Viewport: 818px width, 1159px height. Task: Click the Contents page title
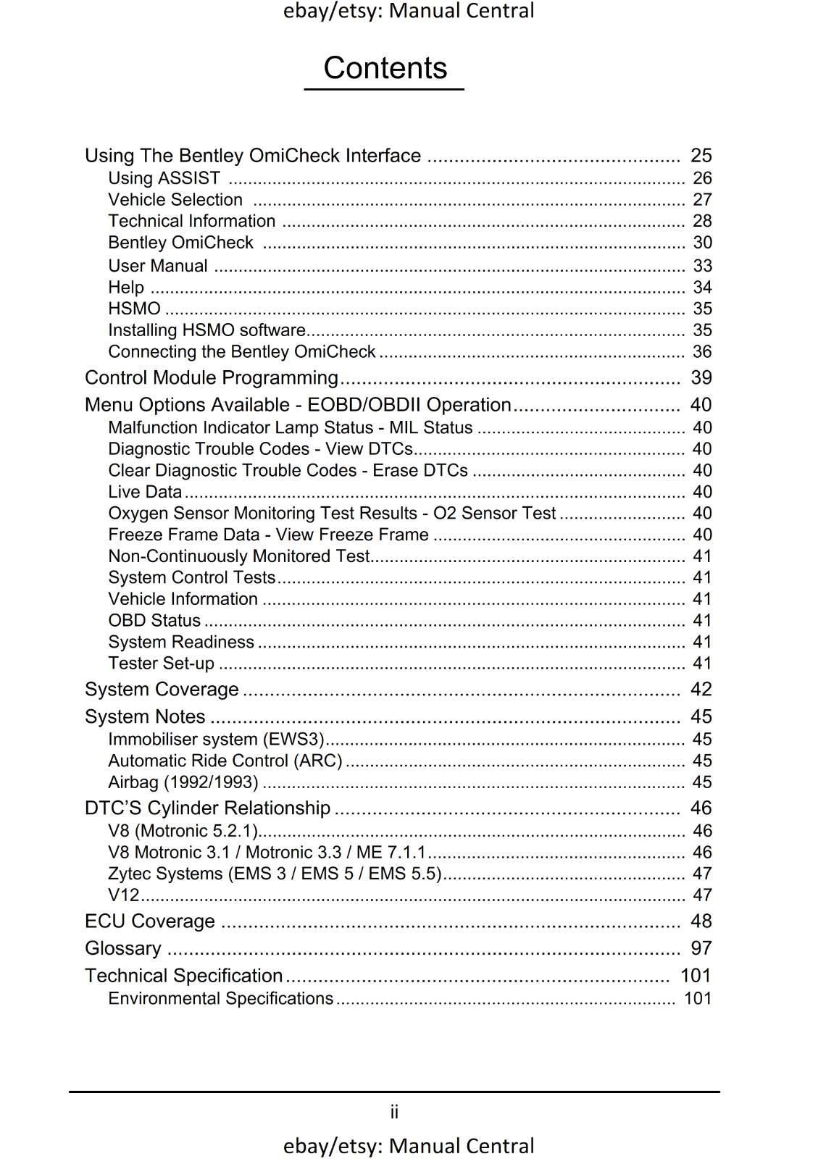385,68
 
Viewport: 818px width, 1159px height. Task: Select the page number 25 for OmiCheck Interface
701,156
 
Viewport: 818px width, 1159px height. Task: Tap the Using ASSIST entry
164,178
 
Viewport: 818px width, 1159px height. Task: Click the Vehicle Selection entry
175,200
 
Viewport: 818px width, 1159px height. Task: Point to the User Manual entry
158,266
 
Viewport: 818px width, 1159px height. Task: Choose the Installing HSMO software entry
206,330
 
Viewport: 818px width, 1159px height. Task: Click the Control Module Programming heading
211,378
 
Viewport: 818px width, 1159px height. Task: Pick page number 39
701,378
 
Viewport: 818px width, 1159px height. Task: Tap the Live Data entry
145,492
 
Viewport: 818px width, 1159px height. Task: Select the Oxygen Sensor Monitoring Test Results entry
331,514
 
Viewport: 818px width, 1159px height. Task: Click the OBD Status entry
154,621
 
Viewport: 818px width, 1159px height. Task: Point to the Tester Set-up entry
161,664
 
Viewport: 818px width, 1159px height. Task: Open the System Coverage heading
162,690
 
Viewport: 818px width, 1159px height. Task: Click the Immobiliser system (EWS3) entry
216,740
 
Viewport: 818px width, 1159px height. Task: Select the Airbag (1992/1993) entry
183,782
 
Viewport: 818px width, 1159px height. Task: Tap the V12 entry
123,895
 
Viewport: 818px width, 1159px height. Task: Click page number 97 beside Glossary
701,948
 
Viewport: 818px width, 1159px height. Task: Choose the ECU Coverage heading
150,921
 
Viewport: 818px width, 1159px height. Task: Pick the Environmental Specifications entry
220,999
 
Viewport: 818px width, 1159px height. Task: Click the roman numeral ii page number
394,1112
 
